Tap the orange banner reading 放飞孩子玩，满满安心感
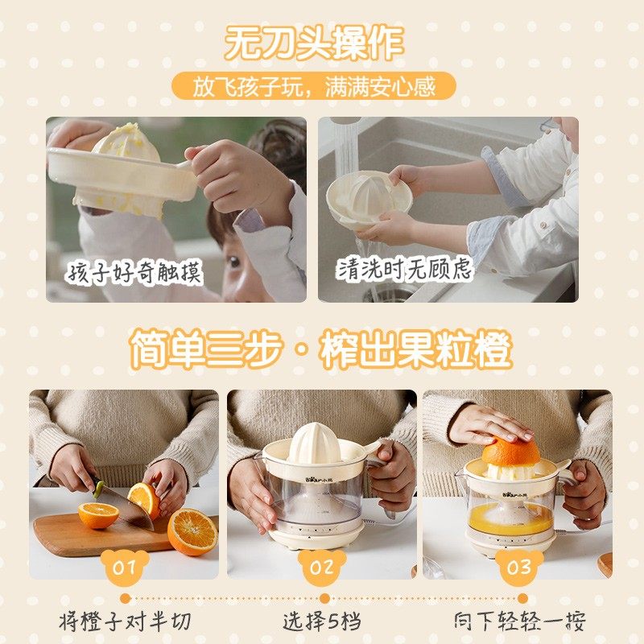314,87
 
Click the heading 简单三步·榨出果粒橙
321,349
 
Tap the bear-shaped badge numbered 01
124,567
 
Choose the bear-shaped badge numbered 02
321,567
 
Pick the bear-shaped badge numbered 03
518,567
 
